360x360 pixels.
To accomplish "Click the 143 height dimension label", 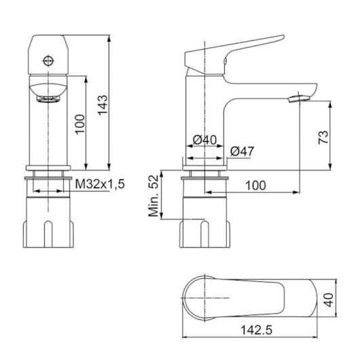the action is [x=103, y=105].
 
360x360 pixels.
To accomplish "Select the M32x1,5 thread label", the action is [x=100, y=183].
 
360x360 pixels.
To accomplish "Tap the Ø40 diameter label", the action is [x=204, y=140].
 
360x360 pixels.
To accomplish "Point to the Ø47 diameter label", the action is [x=242, y=151].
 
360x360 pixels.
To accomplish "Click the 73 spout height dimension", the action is [x=323, y=137].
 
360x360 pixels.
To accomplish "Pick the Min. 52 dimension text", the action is [x=154, y=196].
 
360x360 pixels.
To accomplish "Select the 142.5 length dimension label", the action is [x=256, y=330].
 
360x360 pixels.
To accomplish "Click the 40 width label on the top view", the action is [x=329, y=300].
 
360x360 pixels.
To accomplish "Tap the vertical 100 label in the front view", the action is [x=80, y=124].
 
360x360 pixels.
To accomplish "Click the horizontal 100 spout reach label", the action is [x=256, y=185].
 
